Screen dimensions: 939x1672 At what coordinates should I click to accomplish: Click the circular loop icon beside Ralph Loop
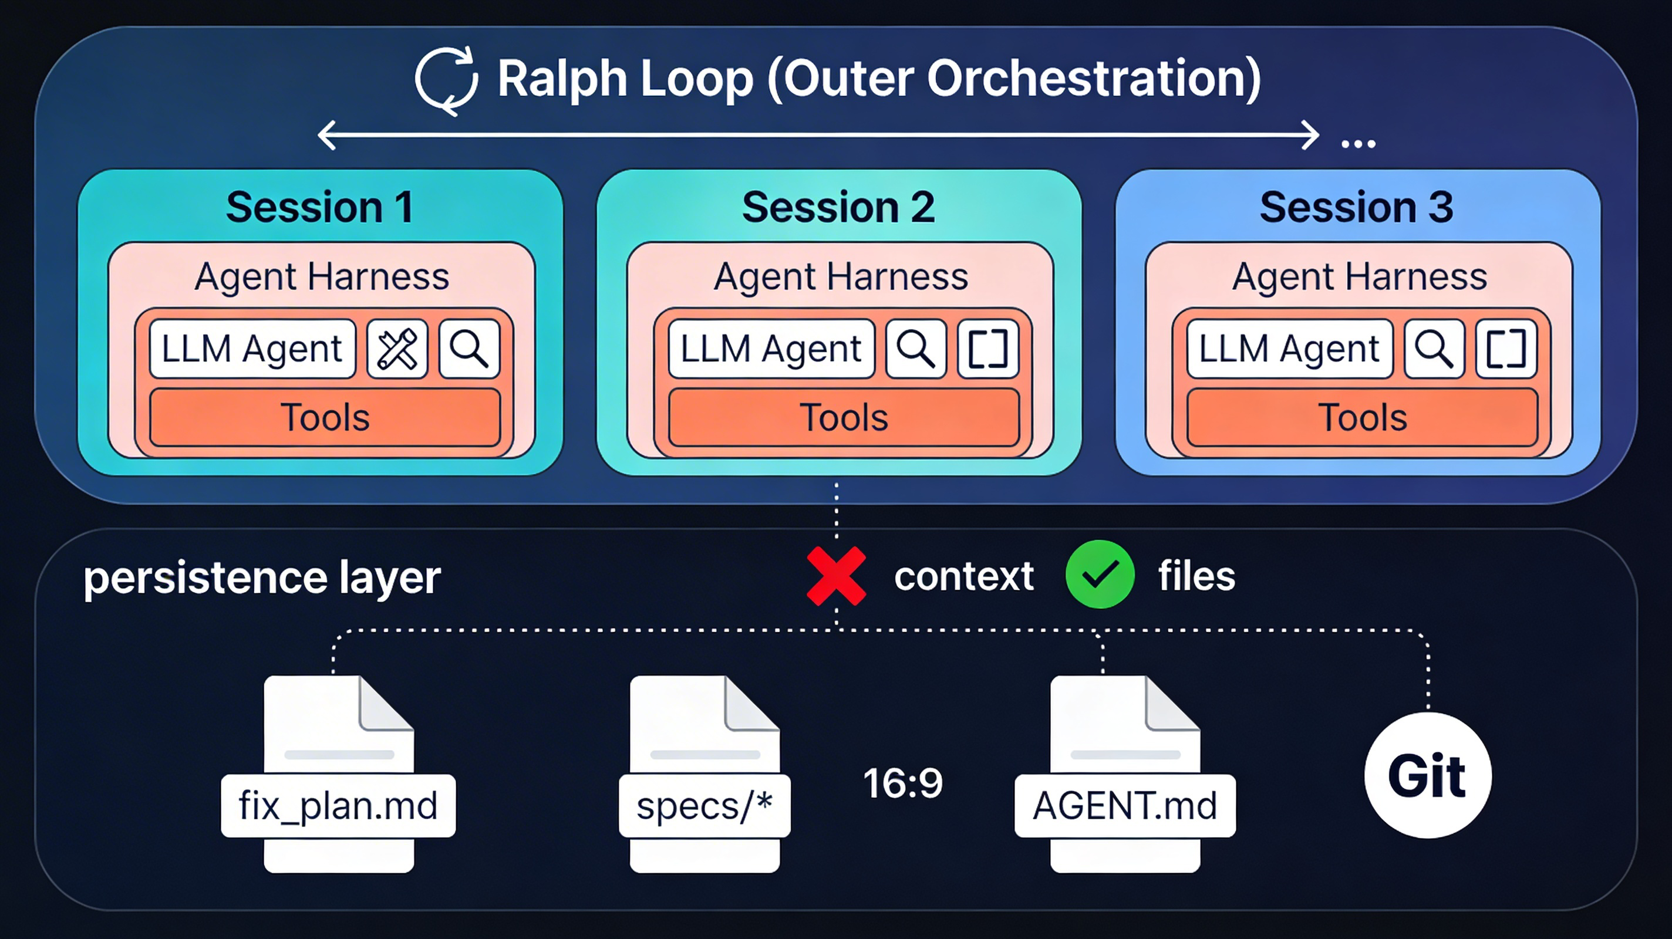coord(447,80)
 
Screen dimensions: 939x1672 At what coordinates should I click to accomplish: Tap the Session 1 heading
coord(319,208)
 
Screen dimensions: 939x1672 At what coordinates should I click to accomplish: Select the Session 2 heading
coord(838,208)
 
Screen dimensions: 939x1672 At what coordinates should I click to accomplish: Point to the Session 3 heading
coord(1356,208)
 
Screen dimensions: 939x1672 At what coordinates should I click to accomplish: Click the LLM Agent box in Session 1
coord(252,349)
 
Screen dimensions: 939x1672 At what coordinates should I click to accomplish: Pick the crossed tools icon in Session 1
coord(397,349)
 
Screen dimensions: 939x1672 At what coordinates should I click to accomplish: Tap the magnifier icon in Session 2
coord(915,349)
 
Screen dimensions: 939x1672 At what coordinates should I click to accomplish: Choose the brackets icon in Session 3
coord(1506,349)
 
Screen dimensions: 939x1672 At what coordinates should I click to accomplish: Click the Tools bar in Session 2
coord(843,417)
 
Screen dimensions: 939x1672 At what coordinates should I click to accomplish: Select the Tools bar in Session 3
coord(1363,417)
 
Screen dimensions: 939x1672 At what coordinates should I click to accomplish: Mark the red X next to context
coord(836,576)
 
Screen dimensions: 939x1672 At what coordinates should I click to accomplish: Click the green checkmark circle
coord(1100,575)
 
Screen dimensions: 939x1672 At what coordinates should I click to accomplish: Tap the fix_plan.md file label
coord(338,806)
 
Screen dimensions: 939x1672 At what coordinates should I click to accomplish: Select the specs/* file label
coord(704,806)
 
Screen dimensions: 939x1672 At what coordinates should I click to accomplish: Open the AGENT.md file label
coord(1125,806)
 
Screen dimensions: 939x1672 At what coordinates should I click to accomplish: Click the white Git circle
coord(1427,775)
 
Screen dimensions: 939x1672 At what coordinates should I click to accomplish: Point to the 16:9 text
coord(903,783)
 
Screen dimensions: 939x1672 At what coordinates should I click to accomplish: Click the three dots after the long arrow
coord(1358,144)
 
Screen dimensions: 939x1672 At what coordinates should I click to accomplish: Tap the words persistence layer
coord(262,577)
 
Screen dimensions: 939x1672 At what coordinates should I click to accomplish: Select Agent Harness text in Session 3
coord(1360,277)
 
